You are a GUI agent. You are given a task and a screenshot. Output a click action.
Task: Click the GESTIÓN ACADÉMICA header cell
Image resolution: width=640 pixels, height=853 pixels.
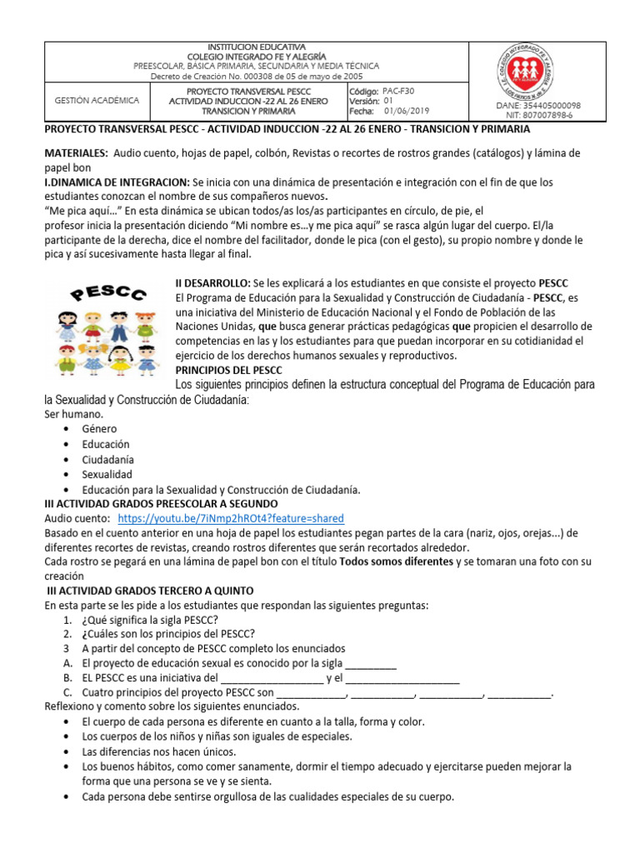(x=97, y=100)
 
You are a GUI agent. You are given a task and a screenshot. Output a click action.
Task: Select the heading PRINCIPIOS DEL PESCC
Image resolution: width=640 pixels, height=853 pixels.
(x=228, y=370)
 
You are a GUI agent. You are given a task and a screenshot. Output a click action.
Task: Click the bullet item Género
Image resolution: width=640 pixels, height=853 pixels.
(x=100, y=428)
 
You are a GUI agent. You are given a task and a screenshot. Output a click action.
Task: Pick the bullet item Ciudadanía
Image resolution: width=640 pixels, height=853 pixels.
(x=109, y=459)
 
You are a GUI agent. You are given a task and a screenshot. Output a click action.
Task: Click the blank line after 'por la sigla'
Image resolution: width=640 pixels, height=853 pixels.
(x=371, y=664)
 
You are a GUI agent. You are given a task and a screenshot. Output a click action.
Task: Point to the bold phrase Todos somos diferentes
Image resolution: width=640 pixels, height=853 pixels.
(x=397, y=561)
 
